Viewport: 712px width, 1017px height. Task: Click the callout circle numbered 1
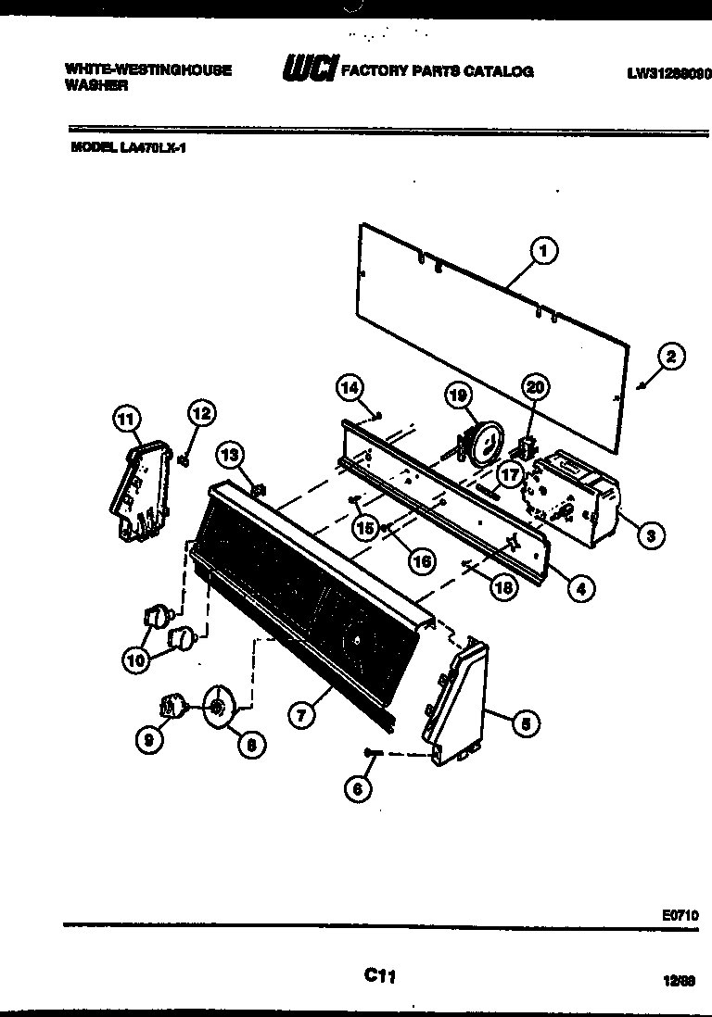[x=544, y=250]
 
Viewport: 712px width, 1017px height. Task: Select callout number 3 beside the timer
[x=652, y=534]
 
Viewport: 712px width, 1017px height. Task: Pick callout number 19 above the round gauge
[x=456, y=395]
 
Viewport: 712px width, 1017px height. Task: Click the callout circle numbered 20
[x=534, y=386]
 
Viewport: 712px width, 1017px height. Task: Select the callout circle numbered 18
[x=503, y=588]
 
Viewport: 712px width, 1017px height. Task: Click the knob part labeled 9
[x=171, y=707]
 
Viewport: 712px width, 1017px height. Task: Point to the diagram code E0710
[x=680, y=913]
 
